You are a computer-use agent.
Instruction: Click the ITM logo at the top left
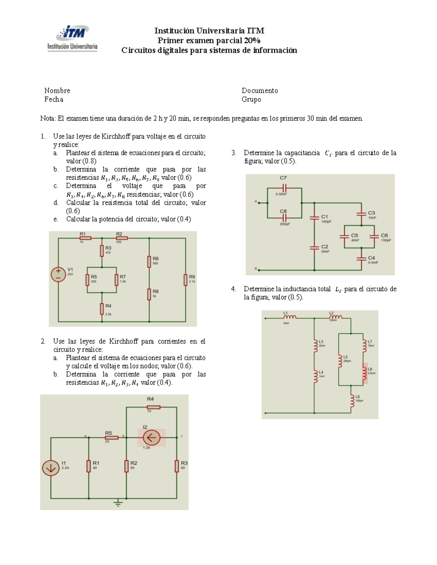(72, 38)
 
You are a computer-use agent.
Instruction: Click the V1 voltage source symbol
(58, 275)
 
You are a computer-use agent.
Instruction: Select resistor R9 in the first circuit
(186, 280)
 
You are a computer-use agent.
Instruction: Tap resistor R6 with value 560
(149, 262)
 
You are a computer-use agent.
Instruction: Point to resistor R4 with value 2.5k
(102, 309)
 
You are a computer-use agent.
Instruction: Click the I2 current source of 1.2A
(151, 437)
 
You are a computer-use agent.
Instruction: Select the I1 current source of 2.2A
(51, 468)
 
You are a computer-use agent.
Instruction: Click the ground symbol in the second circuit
(118, 503)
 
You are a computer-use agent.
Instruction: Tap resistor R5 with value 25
(111, 437)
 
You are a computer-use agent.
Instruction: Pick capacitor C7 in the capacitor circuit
(284, 188)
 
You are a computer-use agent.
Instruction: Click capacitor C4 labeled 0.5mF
(361, 258)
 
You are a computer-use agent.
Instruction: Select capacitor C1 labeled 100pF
(314, 218)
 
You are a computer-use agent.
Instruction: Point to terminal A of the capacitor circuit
(259, 203)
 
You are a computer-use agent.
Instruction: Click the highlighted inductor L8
(365, 373)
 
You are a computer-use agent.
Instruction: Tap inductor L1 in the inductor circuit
(290, 317)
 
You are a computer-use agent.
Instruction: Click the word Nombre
(57, 91)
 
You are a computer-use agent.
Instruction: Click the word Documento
(260, 91)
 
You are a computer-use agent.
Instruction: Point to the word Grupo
(251, 99)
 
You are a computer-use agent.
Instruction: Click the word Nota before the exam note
(48, 119)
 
